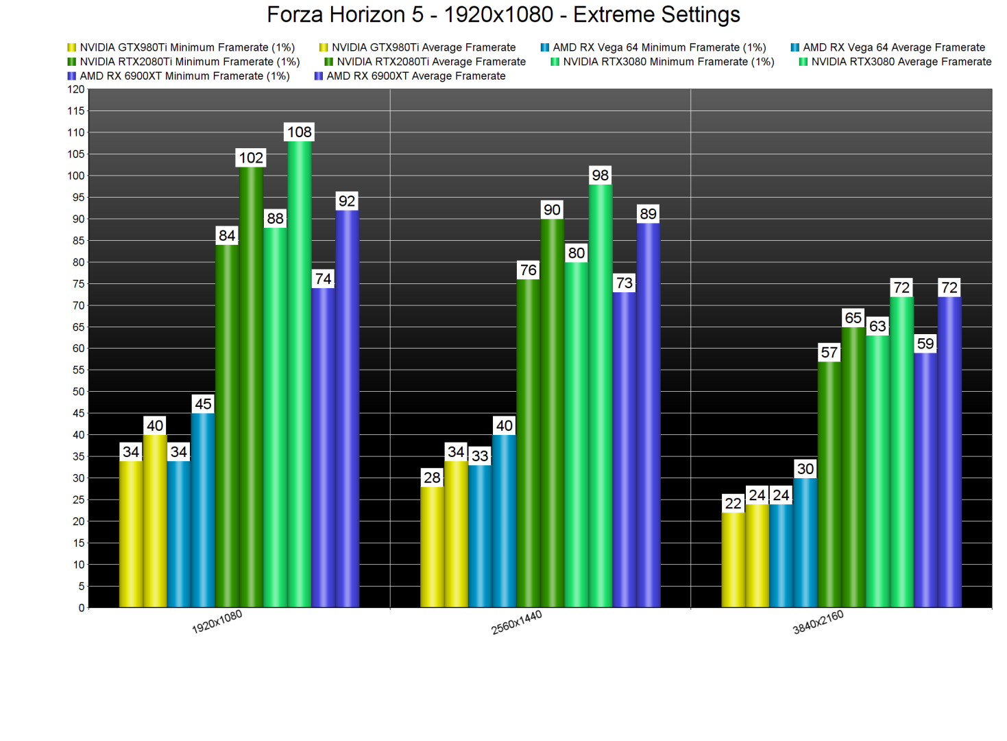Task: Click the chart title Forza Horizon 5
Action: tap(503, 14)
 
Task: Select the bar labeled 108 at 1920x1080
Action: tap(300, 374)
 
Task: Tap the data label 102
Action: tap(251, 158)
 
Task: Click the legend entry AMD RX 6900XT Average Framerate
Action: tap(415, 76)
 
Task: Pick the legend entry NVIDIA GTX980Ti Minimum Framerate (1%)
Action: tap(186, 47)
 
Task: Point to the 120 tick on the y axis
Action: tap(76, 89)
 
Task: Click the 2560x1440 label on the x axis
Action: tap(517, 622)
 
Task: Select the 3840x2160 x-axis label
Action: tap(818, 622)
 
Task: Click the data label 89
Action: tap(648, 214)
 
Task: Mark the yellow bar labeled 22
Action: tap(733, 559)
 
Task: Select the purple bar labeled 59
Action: tap(925, 480)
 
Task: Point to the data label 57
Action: tap(829, 353)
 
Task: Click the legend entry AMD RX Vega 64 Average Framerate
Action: tap(893, 47)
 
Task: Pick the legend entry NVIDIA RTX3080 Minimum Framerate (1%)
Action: tap(668, 62)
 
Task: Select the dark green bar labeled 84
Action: tap(227, 425)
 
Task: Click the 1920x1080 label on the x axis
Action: tap(217, 622)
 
